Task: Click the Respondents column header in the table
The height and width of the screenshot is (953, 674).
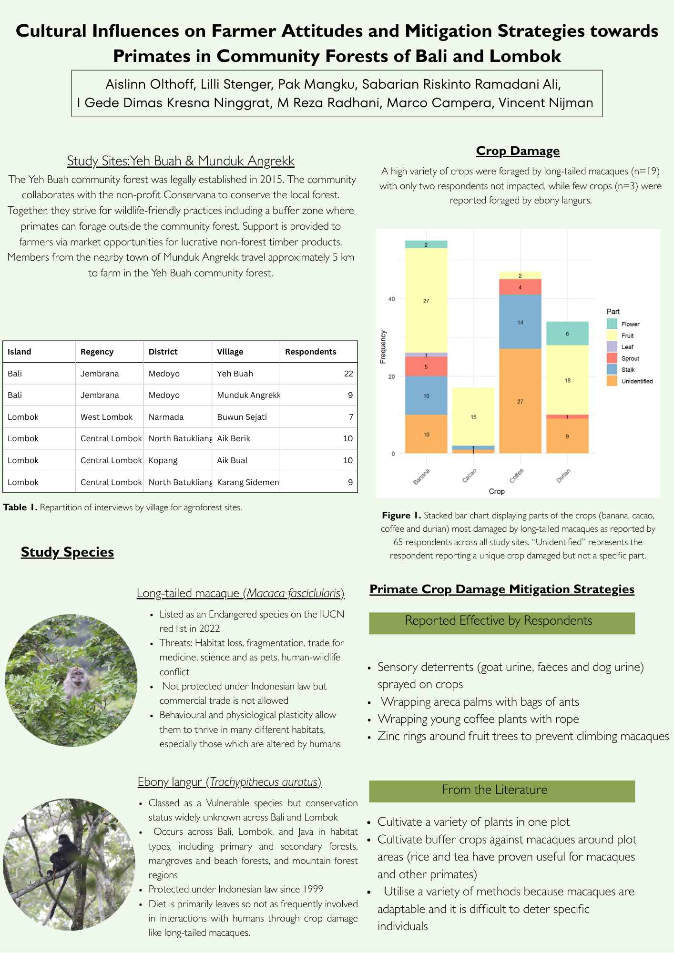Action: [310, 352]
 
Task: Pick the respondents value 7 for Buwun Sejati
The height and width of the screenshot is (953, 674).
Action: [351, 417]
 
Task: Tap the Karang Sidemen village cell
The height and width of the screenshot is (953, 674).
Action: [247, 482]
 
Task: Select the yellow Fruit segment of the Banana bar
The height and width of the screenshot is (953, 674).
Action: [426, 300]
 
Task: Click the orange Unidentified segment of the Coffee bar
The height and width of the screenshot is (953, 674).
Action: [520, 401]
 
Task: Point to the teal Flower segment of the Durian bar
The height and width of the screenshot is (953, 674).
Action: [567, 334]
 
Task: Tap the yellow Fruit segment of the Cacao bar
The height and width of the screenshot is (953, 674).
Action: [473, 416]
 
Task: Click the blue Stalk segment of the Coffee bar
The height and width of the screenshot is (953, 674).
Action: [520, 322]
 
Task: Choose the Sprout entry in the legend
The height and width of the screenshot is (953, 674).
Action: [630, 358]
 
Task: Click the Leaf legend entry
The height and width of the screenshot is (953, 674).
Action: [627, 347]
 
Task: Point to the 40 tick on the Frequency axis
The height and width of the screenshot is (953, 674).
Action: [391, 299]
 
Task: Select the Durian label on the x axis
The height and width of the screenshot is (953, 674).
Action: [563, 476]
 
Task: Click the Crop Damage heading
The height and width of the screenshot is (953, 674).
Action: [518, 151]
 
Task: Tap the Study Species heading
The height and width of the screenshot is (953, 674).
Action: [67, 552]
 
